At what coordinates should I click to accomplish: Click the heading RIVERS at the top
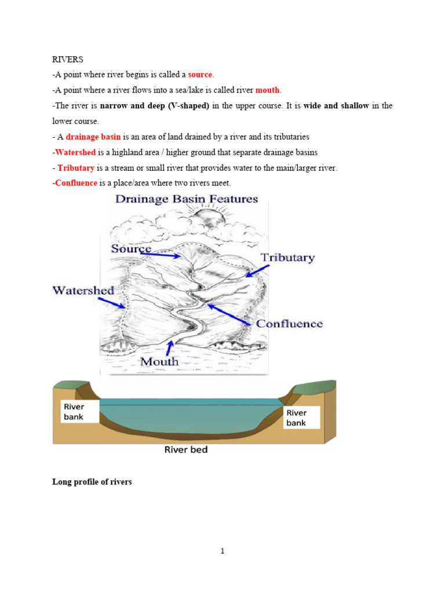click(67, 59)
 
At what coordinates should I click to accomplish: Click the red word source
click(200, 75)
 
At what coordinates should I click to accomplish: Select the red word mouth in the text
click(267, 90)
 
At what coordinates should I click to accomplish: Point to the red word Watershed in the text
click(75, 152)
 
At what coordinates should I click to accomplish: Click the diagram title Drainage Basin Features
click(186, 199)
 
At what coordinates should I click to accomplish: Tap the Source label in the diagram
click(131, 249)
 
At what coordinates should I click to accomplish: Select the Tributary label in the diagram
click(287, 258)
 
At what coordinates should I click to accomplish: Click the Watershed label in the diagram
click(83, 290)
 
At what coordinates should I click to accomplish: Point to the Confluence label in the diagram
click(289, 324)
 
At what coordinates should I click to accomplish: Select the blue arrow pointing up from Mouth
click(169, 347)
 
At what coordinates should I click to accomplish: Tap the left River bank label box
click(76, 412)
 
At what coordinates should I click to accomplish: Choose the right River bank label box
click(301, 418)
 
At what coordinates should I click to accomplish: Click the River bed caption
click(186, 450)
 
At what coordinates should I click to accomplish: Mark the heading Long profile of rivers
click(92, 482)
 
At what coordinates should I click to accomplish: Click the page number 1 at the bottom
click(222, 551)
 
